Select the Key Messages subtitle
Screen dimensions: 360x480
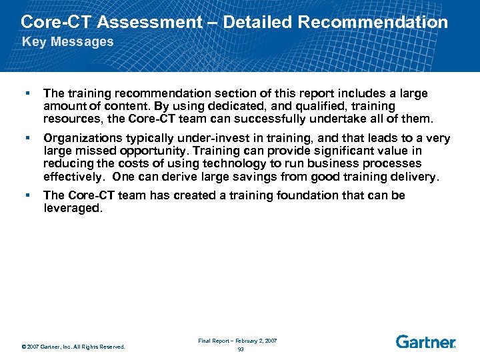68,42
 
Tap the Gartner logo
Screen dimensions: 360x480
425,341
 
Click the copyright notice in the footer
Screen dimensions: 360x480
73,346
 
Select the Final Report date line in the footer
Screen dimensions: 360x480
237,341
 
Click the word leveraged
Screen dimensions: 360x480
72,208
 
